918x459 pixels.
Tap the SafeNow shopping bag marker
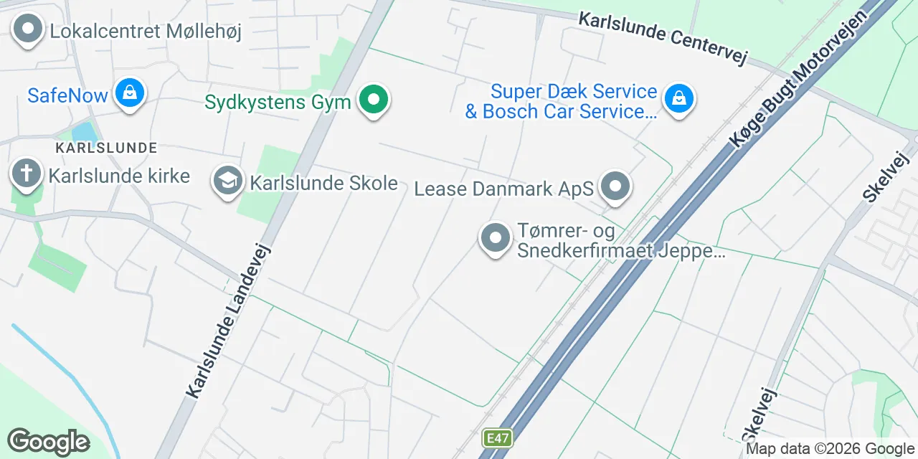click(129, 93)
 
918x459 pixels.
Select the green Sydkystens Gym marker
click(373, 100)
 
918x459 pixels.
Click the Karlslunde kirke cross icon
click(27, 174)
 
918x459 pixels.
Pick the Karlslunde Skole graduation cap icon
click(228, 181)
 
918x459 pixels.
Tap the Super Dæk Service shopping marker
click(678, 99)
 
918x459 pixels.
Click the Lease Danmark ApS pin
click(615, 187)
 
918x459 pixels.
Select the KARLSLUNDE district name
click(106, 148)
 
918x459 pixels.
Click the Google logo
click(48, 442)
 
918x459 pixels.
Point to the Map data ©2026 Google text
click(830, 449)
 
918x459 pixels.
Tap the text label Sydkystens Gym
click(278, 102)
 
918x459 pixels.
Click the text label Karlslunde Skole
click(323, 182)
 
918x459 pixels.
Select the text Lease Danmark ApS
click(504, 189)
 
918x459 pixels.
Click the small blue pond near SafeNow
click(84, 132)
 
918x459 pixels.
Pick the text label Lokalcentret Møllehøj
click(146, 31)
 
